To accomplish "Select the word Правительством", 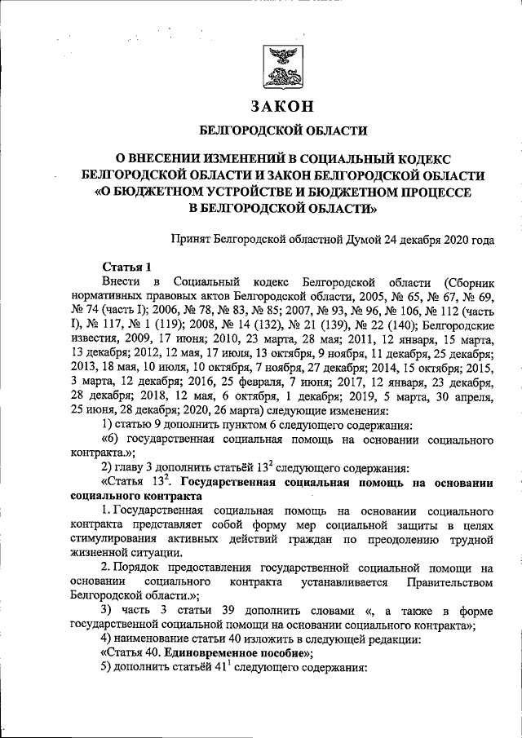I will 450,581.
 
